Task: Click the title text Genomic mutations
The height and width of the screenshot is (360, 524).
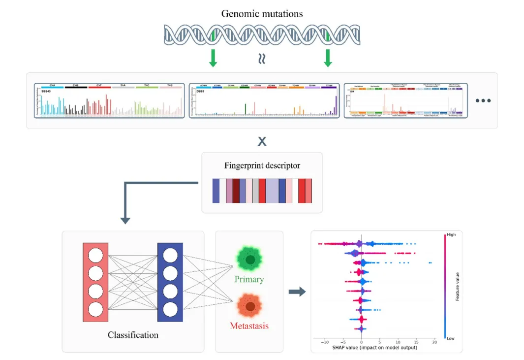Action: (262, 13)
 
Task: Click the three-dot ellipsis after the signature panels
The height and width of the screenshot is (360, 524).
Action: (483, 100)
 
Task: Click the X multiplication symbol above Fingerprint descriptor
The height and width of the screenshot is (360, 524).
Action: (262, 142)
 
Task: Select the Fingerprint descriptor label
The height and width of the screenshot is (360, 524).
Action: (262, 166)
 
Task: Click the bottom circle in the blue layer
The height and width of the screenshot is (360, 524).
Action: (170, 309)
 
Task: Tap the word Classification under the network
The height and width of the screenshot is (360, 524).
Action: (133, 335)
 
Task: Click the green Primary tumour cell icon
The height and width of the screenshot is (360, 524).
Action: (250, 259)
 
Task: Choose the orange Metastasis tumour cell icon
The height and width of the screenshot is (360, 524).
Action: (250, 306)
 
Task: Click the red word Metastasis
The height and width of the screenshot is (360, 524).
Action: (249, 326)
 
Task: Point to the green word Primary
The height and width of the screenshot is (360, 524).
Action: (249, 279)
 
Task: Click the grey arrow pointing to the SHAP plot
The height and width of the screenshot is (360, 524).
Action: (297, 292)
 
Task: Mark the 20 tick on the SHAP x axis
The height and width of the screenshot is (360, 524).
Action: (434, 342)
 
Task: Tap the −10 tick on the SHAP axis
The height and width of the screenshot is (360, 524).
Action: (324, 342)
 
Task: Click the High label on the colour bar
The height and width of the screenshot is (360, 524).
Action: (451, 235)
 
